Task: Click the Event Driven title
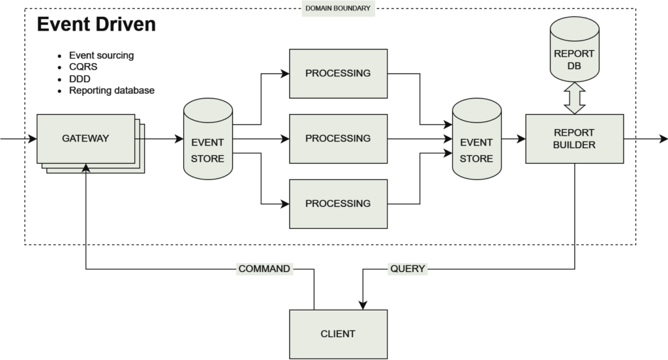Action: pos(96,25)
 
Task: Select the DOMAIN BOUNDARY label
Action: pos(337,8)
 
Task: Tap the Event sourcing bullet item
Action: pos(101,55)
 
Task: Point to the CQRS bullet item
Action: pos(83,67)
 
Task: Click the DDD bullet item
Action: pos(80,79)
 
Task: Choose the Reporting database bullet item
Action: pos(112,91)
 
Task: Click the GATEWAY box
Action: pos(85,139)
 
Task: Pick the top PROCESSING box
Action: pos(337,73)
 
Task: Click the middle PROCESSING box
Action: pos(337,138)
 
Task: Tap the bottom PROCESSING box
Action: pos(337,203)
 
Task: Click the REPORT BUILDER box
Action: pos(574,139)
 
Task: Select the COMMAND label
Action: pos(264,269)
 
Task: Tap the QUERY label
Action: pos(407,269)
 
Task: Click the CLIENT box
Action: pos(337,334)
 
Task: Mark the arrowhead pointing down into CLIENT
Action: pos(362,304)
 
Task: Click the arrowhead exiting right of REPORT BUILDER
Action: pos(662,138)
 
